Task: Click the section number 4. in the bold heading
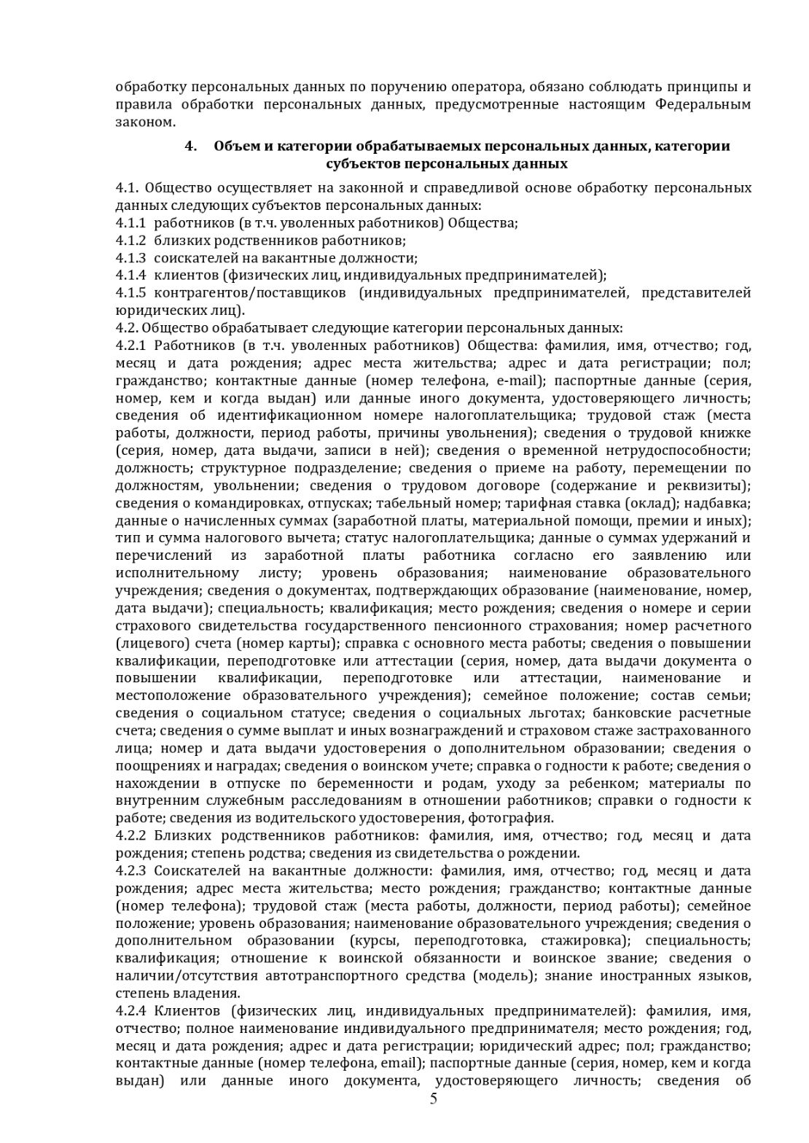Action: (x=191, y=147)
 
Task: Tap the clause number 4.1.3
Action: (x=130, y=257)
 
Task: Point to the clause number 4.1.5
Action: (x=130, y=293)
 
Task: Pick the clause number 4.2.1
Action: (x=130, y=346)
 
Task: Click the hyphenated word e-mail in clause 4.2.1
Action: (x=517, y=381)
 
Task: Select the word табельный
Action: (x=407, y=503)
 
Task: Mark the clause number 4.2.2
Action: (x=130, y=836)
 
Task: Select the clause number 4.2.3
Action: (x=130, y=871)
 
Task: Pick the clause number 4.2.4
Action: (x=130, y=1011)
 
